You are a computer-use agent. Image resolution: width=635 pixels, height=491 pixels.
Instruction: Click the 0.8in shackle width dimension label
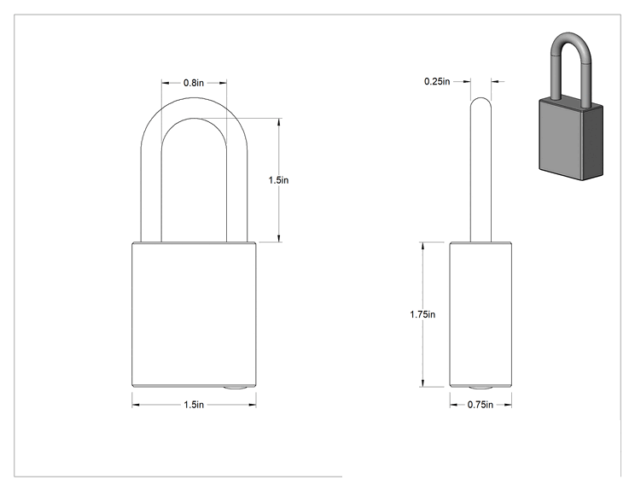point(194,83)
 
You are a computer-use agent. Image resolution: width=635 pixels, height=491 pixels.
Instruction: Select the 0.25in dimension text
point(437,81)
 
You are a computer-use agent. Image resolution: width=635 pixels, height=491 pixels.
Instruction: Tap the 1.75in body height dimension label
point(422,314)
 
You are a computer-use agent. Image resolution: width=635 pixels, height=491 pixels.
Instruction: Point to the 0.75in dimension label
point(481,405)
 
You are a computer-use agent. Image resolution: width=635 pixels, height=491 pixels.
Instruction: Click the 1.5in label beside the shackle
point(278,180)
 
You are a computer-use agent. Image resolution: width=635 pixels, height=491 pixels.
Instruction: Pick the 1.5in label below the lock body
point(194,405)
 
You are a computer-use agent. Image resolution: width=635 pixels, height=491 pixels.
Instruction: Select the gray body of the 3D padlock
point(571,139)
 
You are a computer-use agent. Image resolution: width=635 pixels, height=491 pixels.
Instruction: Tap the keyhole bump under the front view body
point(236,389)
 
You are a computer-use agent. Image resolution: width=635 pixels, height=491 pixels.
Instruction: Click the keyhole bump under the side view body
point(481,389)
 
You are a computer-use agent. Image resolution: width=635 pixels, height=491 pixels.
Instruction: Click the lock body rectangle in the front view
point(194,314)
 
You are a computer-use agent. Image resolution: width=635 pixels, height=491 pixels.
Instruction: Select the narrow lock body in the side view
point(481,314)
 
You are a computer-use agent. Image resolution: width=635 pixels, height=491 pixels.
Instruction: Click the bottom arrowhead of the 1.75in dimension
point(422,383)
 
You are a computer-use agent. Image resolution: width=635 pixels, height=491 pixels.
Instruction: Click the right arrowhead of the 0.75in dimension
point(508,405)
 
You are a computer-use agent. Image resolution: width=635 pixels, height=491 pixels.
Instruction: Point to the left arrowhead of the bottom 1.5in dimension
point(136,405)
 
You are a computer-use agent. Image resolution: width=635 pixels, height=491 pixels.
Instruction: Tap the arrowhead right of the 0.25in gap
point(495,81)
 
